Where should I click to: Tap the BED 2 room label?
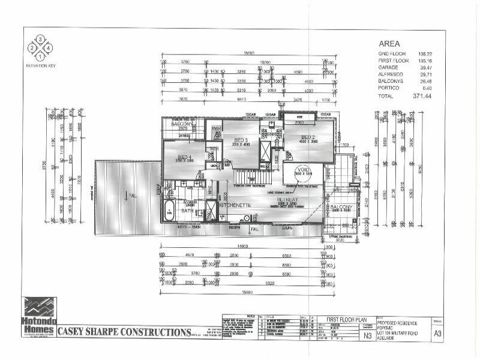click(308, 137)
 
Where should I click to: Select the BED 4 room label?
click(183, 158)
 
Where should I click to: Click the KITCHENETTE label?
click(235, 205)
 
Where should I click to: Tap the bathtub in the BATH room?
click(170, 210)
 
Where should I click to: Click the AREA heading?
click(389, 44)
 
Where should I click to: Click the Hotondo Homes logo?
click(39, 316)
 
